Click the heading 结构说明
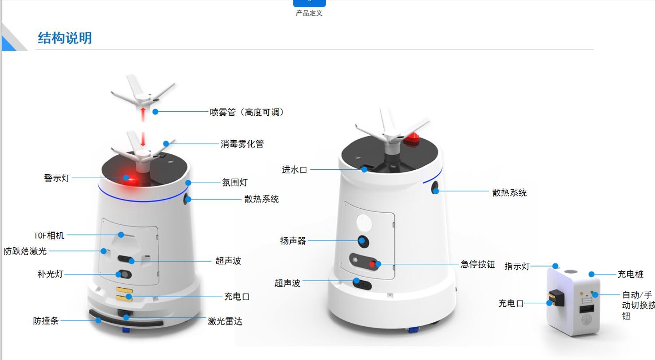65,38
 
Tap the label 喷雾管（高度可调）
247,112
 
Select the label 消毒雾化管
242,144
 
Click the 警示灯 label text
57,178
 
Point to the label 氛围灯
234,183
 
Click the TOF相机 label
49,235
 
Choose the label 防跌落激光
25,251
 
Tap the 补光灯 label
50,274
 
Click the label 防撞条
46,321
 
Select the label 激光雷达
225,321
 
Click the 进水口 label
294,170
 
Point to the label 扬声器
292,241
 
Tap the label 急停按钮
477,264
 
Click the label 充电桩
631,274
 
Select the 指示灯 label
517,266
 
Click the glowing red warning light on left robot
131,179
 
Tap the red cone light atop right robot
412,140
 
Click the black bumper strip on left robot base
126,319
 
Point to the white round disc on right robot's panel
364,223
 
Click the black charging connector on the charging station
557,297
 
